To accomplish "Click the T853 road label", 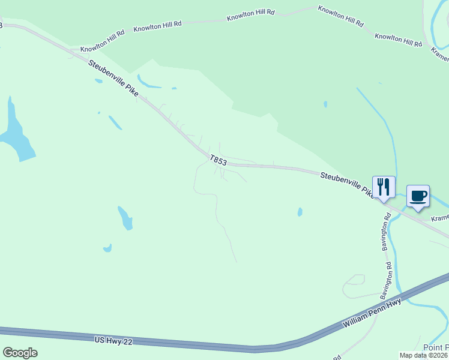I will pos(218,160).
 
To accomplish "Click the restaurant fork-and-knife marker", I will pos(384,187).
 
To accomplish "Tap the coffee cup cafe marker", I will pos(418,196).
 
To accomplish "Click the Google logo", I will pos(20,353).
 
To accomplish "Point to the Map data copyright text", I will pos(424,355).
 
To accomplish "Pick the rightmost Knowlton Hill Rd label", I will pos(399,40).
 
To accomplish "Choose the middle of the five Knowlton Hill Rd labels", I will pos(250,15).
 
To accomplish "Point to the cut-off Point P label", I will pos(435,347).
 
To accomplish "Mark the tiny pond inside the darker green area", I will pos(325,104).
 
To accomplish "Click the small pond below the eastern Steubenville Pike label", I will pos(300,212).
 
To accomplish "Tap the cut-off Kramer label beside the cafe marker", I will pos(440,218).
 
